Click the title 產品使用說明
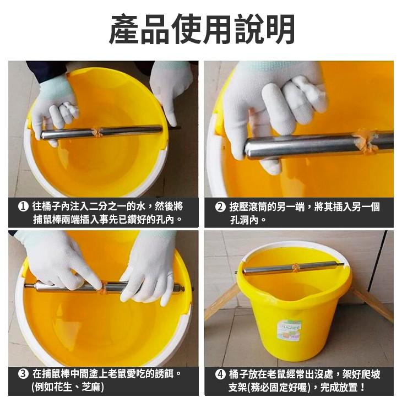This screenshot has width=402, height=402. coord(201,29)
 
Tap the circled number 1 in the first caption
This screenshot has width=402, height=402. coord(23,207)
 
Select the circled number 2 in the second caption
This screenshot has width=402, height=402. coord(220,207)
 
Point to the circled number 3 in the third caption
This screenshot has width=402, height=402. coord(23,374)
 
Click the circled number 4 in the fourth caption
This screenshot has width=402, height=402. coord(220,374)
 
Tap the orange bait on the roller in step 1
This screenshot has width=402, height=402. coord(98,132)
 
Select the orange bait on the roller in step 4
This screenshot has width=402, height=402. coord(296,268)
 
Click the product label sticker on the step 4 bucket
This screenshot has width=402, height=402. coord(289,330)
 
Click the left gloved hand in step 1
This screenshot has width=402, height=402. coord(53,110)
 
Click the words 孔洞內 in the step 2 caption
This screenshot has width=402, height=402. coord(243,220)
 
